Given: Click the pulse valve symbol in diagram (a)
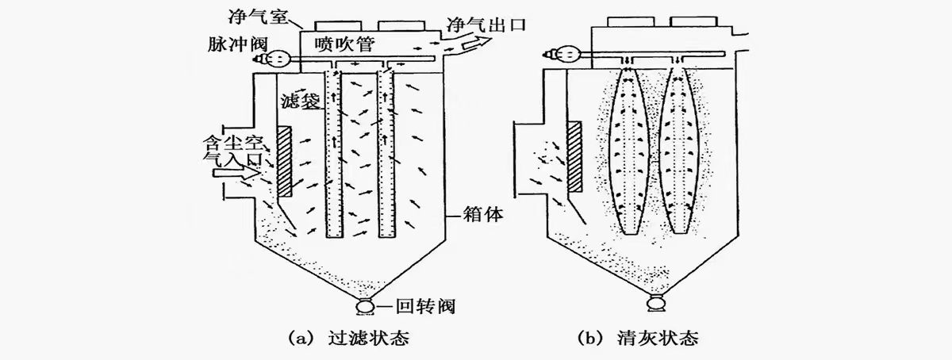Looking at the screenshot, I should point(278,59).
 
